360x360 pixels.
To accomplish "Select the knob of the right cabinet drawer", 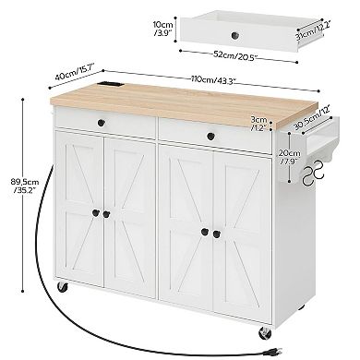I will tap(211, 136).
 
